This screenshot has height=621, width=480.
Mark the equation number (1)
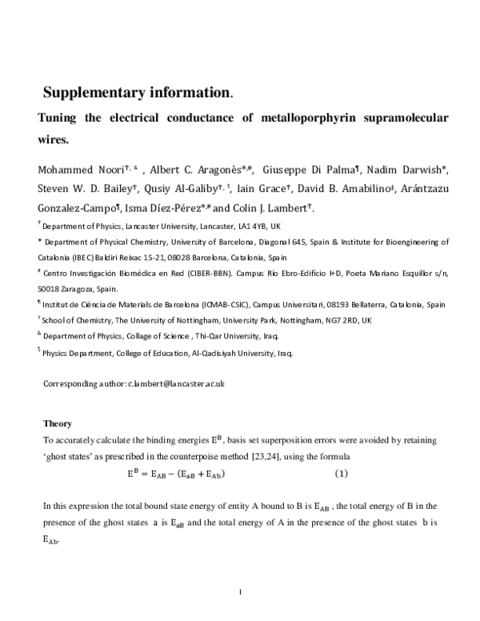(x=341, y=474)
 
